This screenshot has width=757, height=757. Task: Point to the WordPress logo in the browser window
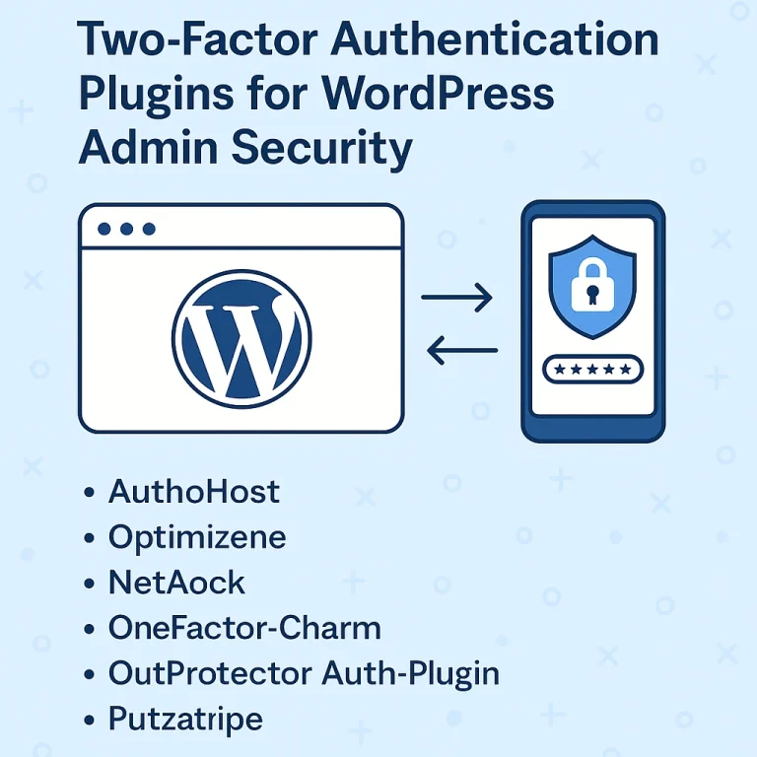241,335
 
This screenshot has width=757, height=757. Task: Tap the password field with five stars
593,369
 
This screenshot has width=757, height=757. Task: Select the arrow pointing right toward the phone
457,297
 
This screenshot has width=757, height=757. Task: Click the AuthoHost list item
194,490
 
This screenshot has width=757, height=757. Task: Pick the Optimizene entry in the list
197,536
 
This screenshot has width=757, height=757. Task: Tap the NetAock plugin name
176,582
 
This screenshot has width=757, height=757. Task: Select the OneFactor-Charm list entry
244,627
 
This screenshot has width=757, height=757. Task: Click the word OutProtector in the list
210,673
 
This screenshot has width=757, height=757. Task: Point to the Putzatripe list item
185,719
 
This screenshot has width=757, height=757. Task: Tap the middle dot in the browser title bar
126,229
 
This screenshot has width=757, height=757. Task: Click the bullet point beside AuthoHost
91,491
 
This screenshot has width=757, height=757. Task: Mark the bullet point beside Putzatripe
91,720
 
